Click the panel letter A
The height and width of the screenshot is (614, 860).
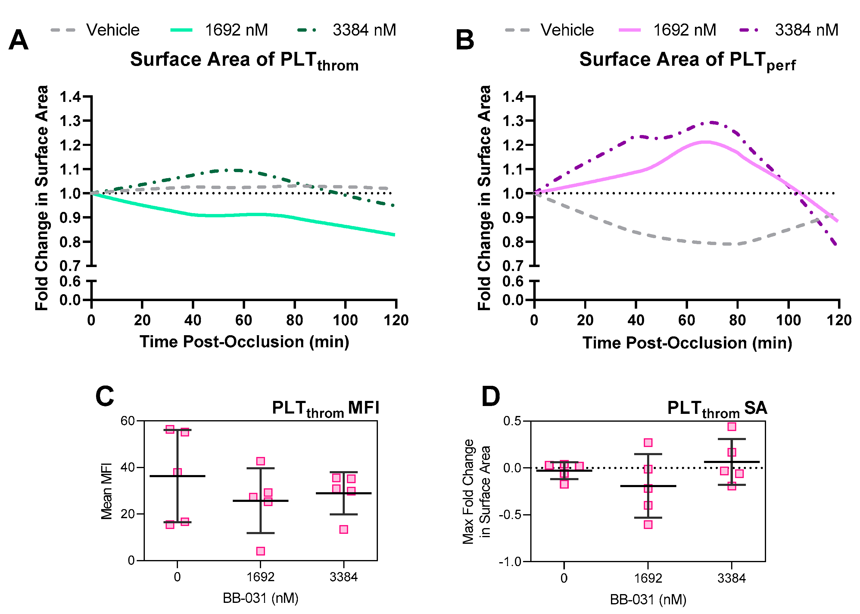[x=18, y=40]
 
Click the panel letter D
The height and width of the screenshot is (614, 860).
[x=490, y=397]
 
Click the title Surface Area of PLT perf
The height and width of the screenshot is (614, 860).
[x=687, y=61]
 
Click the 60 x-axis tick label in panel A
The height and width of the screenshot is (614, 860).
[x=244, y=320]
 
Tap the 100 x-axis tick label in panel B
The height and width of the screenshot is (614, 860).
[x=788, y=320]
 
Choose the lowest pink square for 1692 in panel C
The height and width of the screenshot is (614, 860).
[x=260, y=551]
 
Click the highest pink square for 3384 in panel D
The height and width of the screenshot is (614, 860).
[x=732, y=427]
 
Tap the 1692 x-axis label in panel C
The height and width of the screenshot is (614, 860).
[x=260, y=577]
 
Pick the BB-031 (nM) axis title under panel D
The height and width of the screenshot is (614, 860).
[x=648, y=600]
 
